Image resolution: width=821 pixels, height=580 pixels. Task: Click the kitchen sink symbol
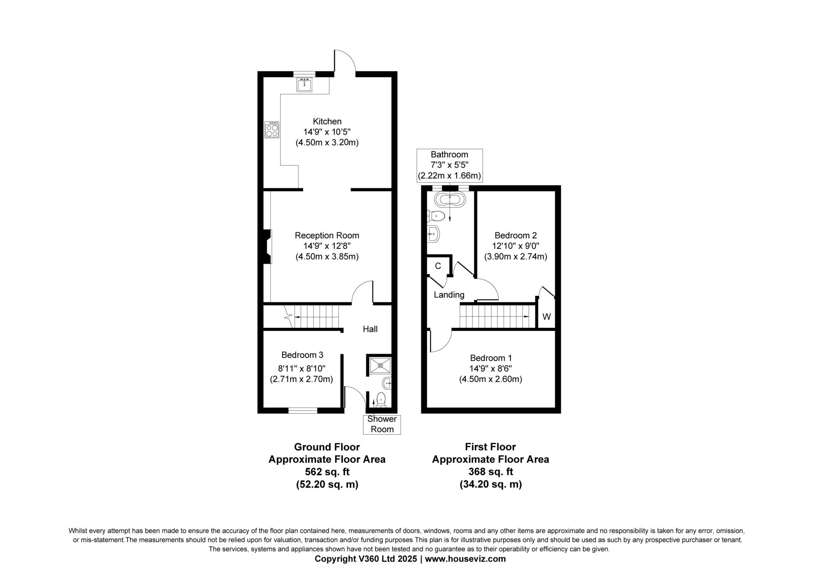(x=304, y=85)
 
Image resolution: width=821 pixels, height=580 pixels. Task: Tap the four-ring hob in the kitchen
(x=271, y=130)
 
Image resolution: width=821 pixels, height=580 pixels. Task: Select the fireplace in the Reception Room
(x=267, y=247)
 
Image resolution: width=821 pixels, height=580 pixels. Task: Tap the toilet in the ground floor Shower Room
(x=381, y=399)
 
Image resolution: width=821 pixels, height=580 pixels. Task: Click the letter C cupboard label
(x=438, y=266)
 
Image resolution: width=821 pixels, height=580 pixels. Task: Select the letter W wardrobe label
(x=546, y=317)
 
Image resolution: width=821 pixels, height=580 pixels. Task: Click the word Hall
(x=370, y=329)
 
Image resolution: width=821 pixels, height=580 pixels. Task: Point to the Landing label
(x=449, y=295)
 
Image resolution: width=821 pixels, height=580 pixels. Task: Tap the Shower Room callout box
(x=382, y=424)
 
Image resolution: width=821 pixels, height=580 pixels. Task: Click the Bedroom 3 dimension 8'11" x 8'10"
(x=302, y=368)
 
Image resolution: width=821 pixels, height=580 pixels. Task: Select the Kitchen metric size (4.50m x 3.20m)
(x=327, y=142)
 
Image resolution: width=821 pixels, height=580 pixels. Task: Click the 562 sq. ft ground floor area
(x=327, y=472)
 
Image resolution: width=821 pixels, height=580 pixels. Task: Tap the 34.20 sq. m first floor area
(x=490, y=484)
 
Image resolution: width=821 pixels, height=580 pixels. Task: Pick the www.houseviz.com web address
(x=465, y=559)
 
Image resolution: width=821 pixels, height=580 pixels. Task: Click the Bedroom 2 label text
(x=516, y=235)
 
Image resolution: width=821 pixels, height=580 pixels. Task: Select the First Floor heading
(x=490, y=447)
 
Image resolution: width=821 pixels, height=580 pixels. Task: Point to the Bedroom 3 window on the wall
(x=303, y=410)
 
